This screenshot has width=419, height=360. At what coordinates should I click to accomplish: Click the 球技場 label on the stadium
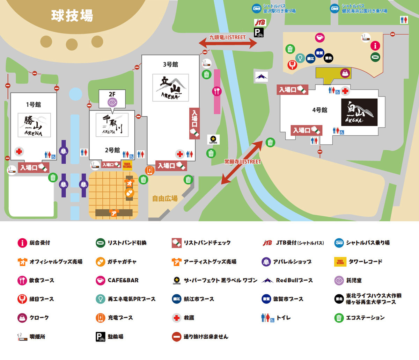72,16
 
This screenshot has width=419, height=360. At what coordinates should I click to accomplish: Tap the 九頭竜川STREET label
228,37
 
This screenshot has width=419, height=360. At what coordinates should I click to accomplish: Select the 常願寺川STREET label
242,162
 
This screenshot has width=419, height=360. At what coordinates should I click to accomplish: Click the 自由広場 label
165,199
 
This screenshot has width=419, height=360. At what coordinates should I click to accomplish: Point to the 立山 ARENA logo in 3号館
170,88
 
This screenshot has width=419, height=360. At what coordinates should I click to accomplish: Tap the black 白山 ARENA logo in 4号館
359,112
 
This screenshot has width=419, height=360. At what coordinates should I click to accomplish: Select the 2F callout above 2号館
112,98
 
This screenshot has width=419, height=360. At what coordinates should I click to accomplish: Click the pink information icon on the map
375,45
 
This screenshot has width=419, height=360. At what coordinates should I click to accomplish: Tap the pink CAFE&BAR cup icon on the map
319,37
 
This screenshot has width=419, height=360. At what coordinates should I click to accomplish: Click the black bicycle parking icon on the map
259,33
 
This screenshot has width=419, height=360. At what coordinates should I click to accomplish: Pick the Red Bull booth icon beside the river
261,77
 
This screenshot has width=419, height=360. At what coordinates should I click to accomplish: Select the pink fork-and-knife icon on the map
217,92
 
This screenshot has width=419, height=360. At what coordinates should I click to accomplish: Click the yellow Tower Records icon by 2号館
127,165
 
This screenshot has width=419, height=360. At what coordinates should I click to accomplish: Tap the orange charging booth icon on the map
150,170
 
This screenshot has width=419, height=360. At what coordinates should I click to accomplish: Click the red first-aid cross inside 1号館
19,152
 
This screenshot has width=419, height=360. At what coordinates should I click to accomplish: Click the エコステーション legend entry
360,318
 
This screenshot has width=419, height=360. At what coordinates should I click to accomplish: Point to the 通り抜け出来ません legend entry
200,337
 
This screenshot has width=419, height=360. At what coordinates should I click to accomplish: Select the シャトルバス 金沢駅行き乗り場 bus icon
257,8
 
